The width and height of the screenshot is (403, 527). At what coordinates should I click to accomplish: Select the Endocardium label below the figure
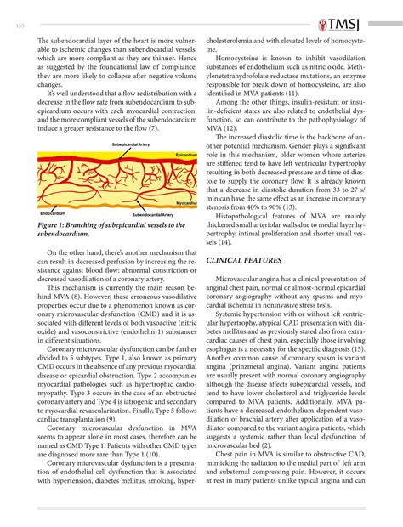coord(53,212)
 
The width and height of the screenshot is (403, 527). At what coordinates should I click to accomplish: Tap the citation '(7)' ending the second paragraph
coord(153,127)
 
